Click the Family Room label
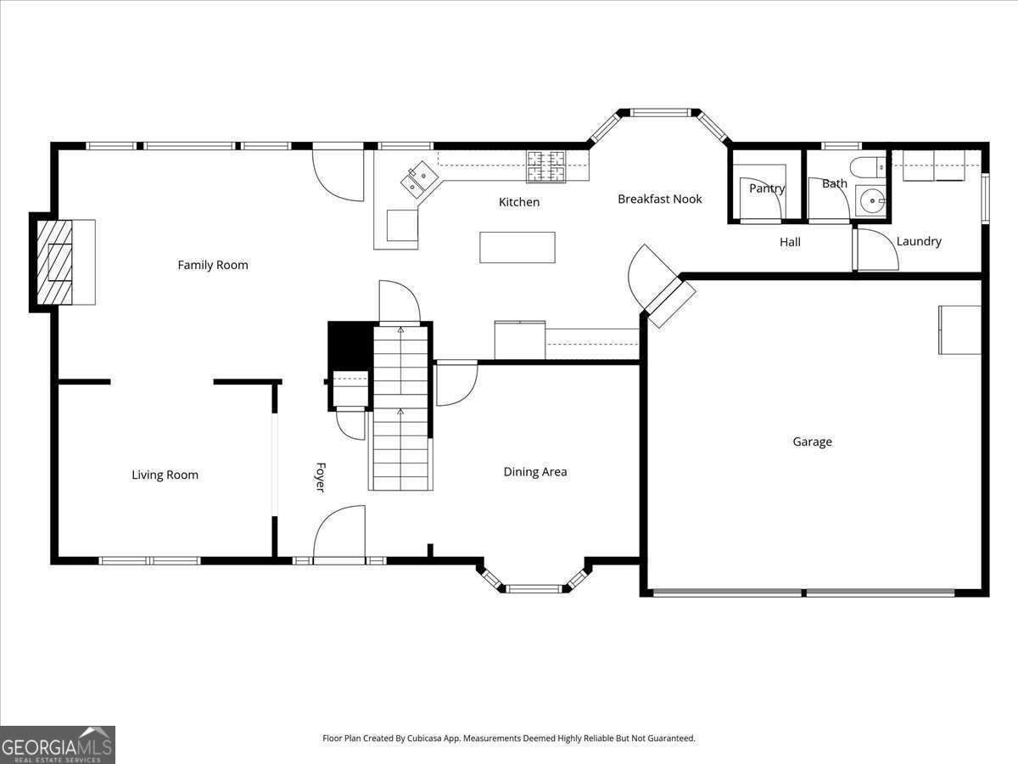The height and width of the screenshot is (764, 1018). point(213,265)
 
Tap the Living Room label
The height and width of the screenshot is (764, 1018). point(165,475)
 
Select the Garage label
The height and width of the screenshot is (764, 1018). point(812,441)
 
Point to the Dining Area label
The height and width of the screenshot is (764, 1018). point(535,472)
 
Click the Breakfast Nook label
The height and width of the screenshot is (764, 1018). point(659,199)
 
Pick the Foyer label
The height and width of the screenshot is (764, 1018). point(320,477)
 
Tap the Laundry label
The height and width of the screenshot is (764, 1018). point(919,241)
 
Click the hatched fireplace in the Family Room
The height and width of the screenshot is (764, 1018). point(55,262)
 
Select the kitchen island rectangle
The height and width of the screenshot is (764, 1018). point(517,247)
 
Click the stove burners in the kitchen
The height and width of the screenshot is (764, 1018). point(545,166)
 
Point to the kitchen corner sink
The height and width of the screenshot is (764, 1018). point(420,180)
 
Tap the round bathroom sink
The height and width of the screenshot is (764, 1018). point(872,201)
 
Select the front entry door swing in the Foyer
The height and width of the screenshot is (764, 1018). point(339,533)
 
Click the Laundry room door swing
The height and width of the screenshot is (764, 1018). point(878,250)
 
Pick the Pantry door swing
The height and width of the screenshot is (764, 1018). point(761,198)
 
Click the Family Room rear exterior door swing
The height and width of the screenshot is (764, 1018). point(338,174)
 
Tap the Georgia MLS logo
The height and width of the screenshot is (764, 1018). point(58,744)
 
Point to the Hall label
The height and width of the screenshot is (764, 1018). point(790,242)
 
